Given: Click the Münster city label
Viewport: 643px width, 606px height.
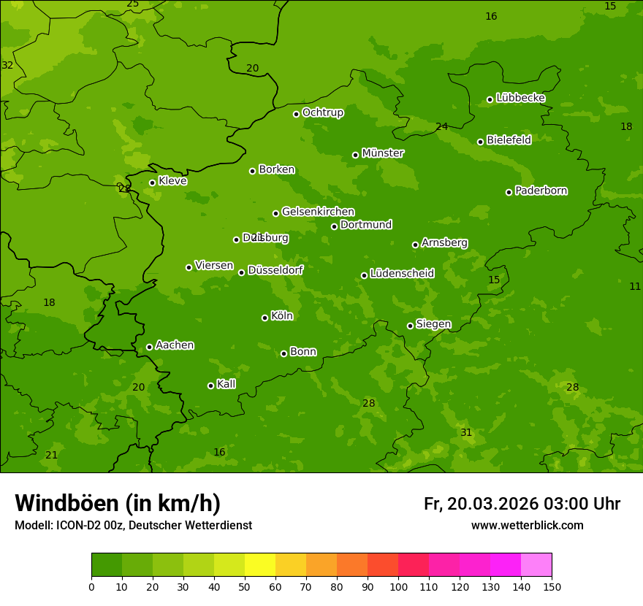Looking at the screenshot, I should pyautogui.click(x=382, y=153).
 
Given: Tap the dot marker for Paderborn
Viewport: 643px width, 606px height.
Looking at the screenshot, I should pyautogui.click(x=509, y=192).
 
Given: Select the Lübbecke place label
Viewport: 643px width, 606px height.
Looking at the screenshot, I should pyautogui.click(x=520, y=98).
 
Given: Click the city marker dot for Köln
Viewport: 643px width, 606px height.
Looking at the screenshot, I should pyautogui.click(x=265, y=318).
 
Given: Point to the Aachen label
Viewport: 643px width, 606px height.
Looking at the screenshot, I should pyautogui.click(x=175, y=345).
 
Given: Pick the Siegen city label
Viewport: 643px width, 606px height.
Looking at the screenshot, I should pyautogui.click(x=433, y=324).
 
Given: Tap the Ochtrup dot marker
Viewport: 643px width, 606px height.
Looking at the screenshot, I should pyautogui.click(x=296, y=114).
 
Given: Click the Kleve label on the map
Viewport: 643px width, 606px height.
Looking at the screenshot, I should pyautogui.click(x=172, y=181).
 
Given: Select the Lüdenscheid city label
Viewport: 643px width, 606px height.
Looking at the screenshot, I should pyautogui.click(x=402, y=274).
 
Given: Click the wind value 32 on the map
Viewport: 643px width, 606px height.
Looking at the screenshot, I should pyautogui.click(x=7, y=65).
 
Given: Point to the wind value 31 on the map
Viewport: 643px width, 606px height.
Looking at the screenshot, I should pyautogui.click(x=466, y=433).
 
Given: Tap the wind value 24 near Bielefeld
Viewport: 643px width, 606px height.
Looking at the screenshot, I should pyautogui.click(x=441, y=127).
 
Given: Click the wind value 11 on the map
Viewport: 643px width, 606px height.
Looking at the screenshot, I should pyautogui.click(x=635, y=287).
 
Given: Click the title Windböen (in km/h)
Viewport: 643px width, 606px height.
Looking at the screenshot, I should pyautogui.click(x=118, y=503).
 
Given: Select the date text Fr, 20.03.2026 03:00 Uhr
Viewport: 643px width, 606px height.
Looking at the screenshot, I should pyautogui.click(x=522, y=504).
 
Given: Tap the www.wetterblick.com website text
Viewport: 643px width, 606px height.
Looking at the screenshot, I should pyautogui.click(x=527, y=526).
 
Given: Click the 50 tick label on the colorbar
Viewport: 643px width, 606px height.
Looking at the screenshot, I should pyautogui.click(x=245, y=586).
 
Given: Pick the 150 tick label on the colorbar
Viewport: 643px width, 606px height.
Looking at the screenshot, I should pyautogui.click(x=552, y=586).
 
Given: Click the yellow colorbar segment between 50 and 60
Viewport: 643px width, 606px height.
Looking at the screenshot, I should pyautogui.click(x=260, y=565).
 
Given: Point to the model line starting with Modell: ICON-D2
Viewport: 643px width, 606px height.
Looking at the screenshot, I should pyautogui.click(x=133, y=526).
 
